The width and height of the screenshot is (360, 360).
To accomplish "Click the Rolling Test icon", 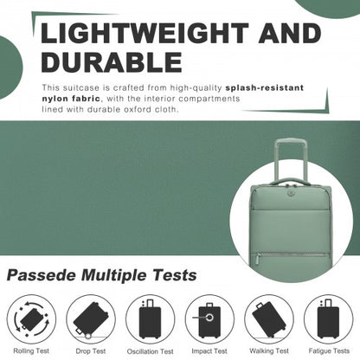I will pos(29,319).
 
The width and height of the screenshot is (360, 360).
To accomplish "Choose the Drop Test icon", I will pos(89,319).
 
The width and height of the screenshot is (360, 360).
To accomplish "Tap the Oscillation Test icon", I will pos(150,319).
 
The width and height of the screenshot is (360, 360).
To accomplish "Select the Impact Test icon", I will pos(209,319).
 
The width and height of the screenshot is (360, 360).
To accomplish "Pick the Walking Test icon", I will pos(270,319).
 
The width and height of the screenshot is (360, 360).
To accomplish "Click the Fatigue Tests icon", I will pos(330,319).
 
